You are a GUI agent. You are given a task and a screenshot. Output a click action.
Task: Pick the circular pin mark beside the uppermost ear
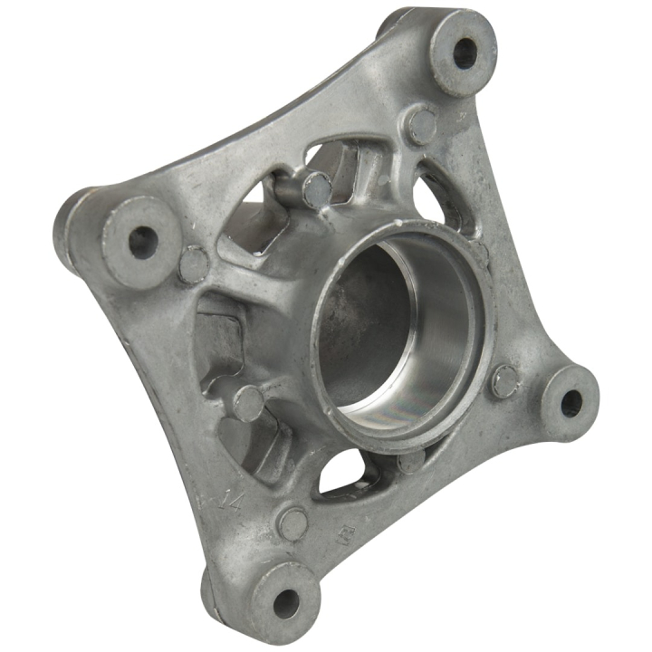pos(422,124)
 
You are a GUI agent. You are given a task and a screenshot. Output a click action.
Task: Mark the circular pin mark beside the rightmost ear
pos(505,380)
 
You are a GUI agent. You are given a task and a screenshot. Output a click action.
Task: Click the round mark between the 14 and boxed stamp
pos(292,522)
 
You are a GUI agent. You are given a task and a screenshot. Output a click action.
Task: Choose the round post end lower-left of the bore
pos(249,401)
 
